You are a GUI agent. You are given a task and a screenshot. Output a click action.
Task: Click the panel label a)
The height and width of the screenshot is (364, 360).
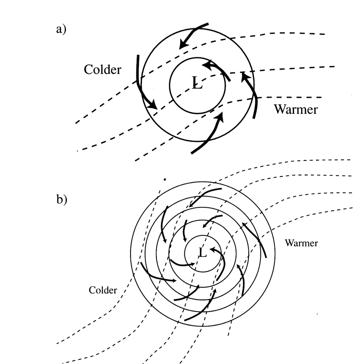[61, 30]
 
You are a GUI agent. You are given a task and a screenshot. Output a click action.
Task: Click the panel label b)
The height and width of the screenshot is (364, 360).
[62, 199]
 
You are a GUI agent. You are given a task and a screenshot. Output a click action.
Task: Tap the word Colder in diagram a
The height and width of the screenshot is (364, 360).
[102, 69]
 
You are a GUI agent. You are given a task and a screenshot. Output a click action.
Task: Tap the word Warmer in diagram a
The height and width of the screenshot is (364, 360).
[296, 109]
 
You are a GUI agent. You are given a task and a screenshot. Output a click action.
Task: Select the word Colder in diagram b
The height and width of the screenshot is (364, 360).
[103, 290]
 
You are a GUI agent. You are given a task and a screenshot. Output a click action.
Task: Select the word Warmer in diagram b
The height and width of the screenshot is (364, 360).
[301, 243]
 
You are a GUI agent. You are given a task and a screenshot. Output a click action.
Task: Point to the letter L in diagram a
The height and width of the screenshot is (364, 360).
[197, 83]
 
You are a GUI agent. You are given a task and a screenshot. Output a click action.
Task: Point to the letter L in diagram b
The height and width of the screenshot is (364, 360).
[203, 253]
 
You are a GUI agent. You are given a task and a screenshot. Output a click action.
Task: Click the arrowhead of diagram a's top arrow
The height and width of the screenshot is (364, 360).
[183, 44]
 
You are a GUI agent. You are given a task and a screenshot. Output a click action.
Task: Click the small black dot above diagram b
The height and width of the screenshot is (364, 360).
[165, 179]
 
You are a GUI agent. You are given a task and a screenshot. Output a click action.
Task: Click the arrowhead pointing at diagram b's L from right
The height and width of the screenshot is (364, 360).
[212, 249]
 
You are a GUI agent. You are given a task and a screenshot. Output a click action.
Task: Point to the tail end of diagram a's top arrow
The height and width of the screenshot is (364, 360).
[208, 24]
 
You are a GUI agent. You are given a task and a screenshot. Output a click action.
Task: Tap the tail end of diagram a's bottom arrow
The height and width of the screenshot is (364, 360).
[192, 153]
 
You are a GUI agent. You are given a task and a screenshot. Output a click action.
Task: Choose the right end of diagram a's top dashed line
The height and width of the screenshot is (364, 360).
[324, 34]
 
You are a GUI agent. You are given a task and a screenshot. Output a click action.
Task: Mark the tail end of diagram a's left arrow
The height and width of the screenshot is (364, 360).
[138, 55]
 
